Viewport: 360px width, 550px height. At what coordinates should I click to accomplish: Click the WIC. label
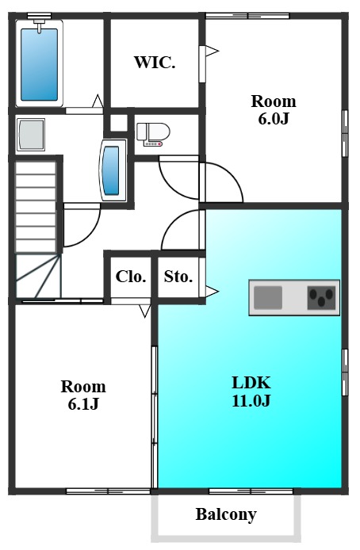click(155, 63)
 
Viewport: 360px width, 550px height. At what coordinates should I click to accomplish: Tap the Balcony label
click(226, 514)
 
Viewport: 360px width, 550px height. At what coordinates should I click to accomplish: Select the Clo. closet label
click(131, 277)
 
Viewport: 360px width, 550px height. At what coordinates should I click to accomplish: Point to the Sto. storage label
click(178, 277)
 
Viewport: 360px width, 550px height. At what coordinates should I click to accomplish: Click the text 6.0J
click(274, 119)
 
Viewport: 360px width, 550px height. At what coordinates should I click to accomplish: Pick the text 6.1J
click(83, 403)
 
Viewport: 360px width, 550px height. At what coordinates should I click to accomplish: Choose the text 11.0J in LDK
click(251, 400)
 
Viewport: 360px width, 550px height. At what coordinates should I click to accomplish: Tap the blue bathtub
click(40, 64)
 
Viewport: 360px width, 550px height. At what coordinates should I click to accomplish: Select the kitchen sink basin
click(268, 297)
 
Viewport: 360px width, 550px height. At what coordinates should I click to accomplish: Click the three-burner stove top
click(321, 297)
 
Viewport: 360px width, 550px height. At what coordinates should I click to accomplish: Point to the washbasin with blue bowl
click(113, 170)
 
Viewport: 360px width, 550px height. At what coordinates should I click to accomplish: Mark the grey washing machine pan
click(31, 135)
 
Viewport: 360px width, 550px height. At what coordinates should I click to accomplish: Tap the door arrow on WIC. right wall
click(212, 51)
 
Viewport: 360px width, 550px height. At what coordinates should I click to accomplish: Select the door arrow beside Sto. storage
click(212, 291)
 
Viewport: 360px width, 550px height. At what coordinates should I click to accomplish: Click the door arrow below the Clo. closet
click(144, 311)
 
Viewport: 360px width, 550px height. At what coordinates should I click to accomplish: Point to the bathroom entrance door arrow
click(98, 101)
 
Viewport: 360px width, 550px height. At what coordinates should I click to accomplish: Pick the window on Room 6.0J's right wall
click(345, 133)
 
